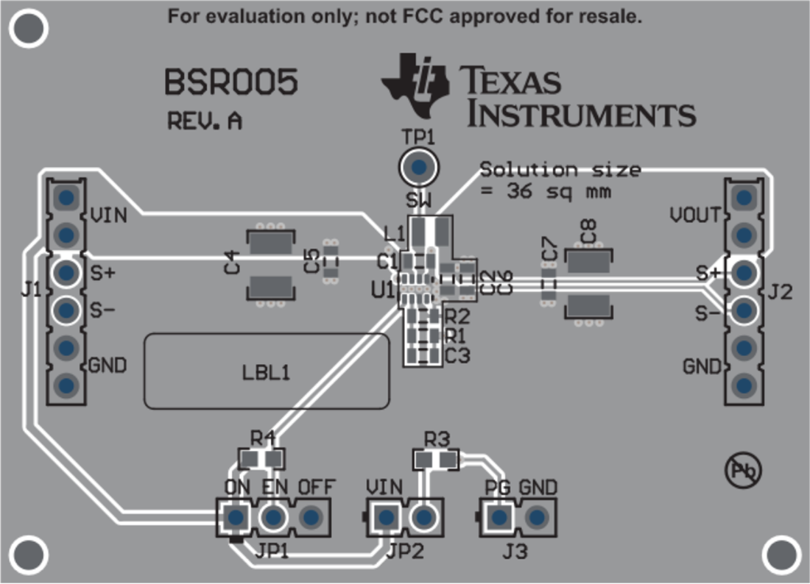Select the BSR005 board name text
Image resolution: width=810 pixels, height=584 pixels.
230,83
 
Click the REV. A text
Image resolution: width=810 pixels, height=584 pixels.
204,121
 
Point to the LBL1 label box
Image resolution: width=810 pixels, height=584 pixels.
267,371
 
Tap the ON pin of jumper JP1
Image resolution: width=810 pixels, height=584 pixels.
236,517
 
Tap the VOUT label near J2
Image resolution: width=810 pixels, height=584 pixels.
695,216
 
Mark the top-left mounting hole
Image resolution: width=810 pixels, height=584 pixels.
30,29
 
